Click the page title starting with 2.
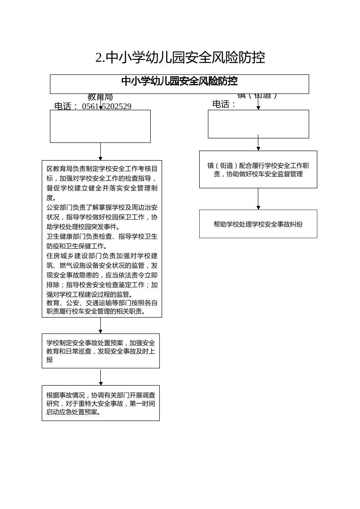180,58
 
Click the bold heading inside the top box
179,81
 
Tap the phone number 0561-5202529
107,107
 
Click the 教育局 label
100,97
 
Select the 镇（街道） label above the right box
257,95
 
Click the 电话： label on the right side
224,104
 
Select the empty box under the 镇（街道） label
258,124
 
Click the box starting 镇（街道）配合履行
258,169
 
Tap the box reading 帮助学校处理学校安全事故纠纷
258,224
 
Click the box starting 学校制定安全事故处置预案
100,351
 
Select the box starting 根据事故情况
100,403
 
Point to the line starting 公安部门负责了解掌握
102,207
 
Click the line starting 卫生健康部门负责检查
102,236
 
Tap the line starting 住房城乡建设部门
102,256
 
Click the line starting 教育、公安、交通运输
102,303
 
